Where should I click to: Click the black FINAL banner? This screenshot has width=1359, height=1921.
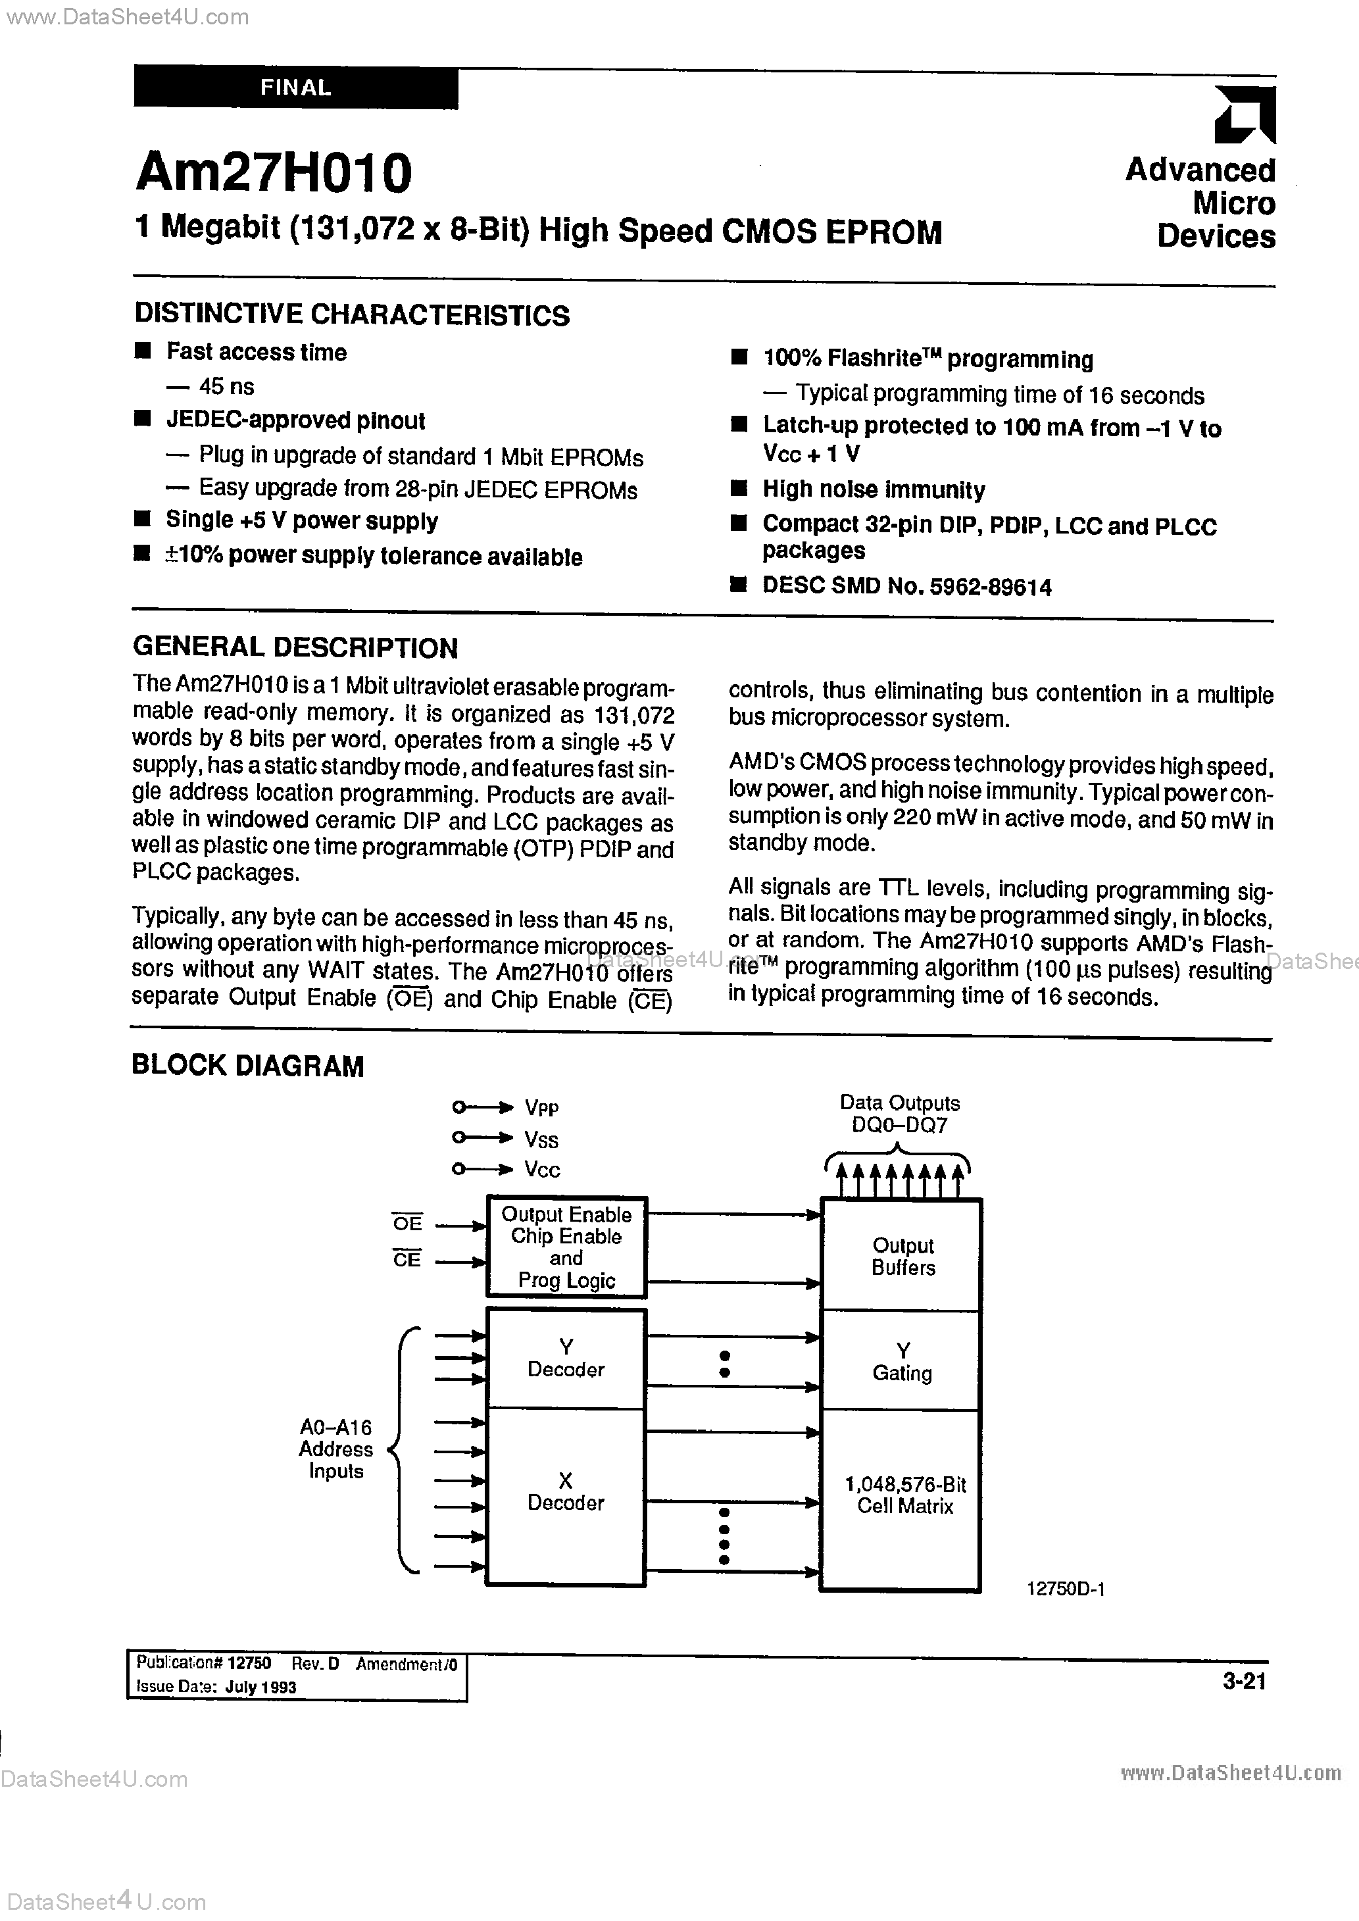click(x=295, y=88)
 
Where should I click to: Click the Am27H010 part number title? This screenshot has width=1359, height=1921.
click(x=274, y=173)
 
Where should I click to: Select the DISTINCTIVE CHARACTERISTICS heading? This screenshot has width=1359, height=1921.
click(x=351, y=315)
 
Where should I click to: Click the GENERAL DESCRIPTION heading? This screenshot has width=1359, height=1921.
click(x=295, y=647)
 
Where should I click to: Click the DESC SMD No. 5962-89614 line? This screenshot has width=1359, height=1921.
click(x=906, y=587)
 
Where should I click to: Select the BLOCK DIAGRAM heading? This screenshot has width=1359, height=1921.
click(x=248, y=1066)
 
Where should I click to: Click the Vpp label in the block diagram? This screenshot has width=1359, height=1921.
click(x=541, y=1108)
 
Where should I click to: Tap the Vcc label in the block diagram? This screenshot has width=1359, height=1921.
click(x=541, y=1170)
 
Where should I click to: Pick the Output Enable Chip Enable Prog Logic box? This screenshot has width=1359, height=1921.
click(x=566, y=1247)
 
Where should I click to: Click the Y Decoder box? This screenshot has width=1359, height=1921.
click(x=566, y=1359)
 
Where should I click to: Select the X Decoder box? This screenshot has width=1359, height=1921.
click(x=566, y=1493)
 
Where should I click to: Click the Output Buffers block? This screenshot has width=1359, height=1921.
click(x=902, y=1257)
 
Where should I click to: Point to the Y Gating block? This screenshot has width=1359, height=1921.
click(x=902, y=1362)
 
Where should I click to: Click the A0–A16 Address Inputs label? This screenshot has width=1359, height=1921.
click(x=335, y=1449)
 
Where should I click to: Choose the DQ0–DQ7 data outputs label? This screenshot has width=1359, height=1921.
click(x=900, y=1126)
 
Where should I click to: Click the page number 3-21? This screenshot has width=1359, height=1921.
click(x=1243, y=1682)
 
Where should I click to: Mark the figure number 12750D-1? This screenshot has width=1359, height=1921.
click(x=1065, y=1589)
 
